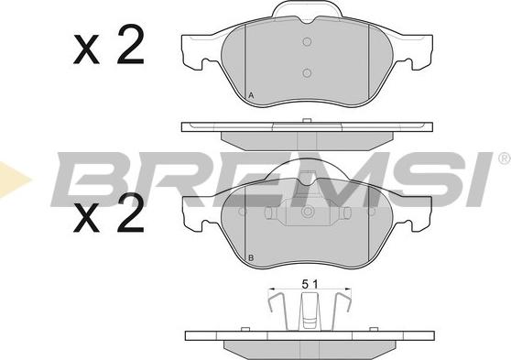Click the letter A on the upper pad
click(x=251, y=95)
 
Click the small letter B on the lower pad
click(x=251, y=258)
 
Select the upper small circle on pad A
click(x=307, y=42)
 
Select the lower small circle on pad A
click(x=307, y=73)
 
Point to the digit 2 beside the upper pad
click(x=130, y=44)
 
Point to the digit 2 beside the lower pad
click(x=130, y=213)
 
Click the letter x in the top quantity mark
click(x=86, y=49)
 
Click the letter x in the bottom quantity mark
click(x=86, y=217)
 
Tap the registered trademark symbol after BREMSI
click(x=505, y=158)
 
